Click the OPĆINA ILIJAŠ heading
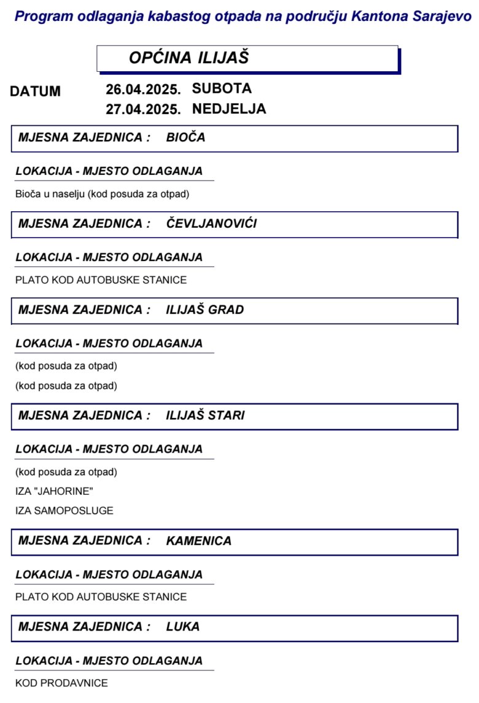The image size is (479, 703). coord(189,58)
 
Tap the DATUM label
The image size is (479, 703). coord(35,91)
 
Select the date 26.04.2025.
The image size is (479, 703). coord(143,90)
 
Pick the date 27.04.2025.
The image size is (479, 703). coord(143,110)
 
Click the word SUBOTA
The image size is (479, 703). coord(222,88)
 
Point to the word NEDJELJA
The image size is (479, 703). coord(229,109)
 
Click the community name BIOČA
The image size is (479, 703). coord(185,138)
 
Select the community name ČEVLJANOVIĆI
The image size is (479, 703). coord(211,223)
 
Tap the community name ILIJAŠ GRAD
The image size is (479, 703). coord(204,310)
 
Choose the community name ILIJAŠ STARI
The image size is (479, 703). coord(205,416)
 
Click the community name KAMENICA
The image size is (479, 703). coord(198,541)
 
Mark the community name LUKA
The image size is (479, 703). coord(182,627)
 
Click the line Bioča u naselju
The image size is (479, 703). coord(102,194)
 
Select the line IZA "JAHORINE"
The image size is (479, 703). coord(54,491)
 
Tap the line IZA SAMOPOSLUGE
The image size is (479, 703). coord(64,511)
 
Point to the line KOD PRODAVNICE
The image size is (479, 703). coord(61,683)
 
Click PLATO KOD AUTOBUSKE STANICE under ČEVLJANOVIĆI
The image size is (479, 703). coord(101,280)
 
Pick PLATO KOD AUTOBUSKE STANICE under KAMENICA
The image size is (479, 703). coord(101,597)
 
